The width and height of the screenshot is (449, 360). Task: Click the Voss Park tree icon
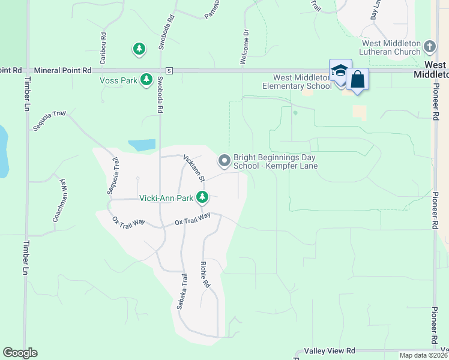[x=146, y=79]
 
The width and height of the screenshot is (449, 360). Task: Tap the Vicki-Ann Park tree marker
[x=203, y=197]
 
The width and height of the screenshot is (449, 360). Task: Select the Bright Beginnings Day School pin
[x=224, y=160]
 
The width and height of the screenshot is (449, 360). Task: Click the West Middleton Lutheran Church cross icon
[x=429, y=46]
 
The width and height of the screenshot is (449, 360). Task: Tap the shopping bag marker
[x=357, y=80]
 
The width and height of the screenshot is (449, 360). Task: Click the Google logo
[x=20, y=353]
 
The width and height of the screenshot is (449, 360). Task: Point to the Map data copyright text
[x=423, y=355]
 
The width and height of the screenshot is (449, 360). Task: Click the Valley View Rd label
[x=330, y=350]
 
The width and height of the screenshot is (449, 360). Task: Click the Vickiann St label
[x=194, y=170]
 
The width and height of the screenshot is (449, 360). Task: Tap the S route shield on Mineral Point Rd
[x=169, y=70]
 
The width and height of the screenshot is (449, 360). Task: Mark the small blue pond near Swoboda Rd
[x=142, y=145]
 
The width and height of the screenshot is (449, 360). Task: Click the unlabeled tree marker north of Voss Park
[x=139, y=49]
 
